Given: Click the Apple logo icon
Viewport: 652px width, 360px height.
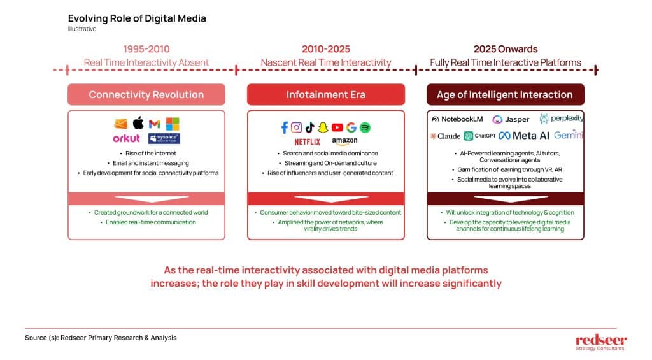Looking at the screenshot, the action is tap(138, 123).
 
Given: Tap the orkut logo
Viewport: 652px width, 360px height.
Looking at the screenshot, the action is tap(127, 139).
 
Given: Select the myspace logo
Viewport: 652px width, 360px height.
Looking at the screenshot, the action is tap(164, 139).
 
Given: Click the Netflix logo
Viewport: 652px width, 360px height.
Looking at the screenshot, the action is tap(308, 142).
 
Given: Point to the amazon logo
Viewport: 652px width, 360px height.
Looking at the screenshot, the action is tap(344, 141).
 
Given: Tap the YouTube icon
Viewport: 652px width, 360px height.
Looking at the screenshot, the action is tap(337, 127).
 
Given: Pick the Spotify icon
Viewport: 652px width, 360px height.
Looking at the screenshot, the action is tap(365, 127).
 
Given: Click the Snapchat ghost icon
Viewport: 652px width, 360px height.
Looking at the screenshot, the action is tap(323, 127).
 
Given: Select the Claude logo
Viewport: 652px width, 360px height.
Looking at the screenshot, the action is tap(445, 136).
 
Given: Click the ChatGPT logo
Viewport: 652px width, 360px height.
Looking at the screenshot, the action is tap(480, 136).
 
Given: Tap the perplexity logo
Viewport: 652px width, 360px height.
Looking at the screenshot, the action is tap(562, 119).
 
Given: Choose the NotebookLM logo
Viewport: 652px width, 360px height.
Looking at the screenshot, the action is tap(457, 119).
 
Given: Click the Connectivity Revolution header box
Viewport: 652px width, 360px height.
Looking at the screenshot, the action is tap(146, 94).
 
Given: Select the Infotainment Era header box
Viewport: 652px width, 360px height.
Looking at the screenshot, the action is tap(326, 94).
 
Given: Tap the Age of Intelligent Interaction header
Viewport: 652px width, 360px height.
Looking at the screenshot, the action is tap(505, 94).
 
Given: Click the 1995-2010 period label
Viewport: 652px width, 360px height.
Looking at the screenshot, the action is tap(146, 49).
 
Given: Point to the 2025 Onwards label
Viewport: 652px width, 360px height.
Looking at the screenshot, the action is tap(506, 49).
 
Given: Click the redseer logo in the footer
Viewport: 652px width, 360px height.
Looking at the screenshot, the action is tap(601, 343).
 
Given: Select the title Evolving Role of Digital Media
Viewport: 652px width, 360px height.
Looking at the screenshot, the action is tap(138, 18).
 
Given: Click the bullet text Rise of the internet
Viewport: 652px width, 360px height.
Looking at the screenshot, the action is tap(150, 154).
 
